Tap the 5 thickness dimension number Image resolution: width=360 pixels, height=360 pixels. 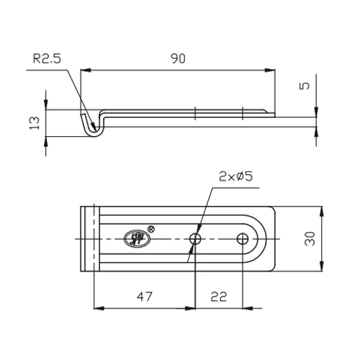(306, 85)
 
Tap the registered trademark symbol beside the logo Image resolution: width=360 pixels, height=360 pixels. (150, 228)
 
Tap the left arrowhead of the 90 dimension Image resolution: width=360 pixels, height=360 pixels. (85, 70)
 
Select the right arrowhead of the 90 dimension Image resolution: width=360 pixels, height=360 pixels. (274, 70)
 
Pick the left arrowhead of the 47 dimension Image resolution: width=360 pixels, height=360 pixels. (97, 307)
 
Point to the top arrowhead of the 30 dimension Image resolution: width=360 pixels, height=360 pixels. (320, 210)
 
